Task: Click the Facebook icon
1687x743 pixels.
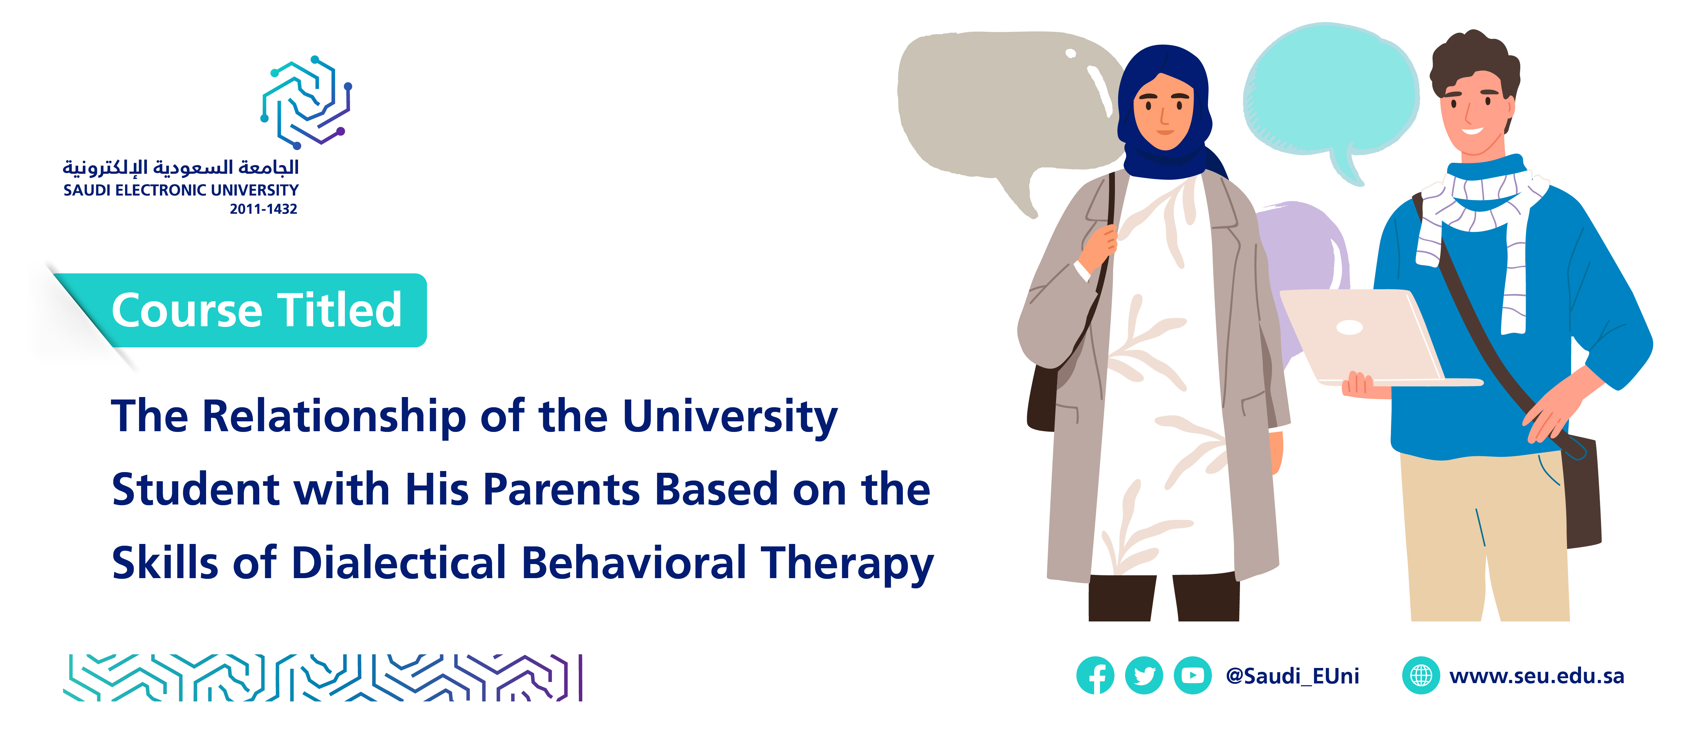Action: click(1095, 675)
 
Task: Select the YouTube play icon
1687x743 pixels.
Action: click(1192, 675)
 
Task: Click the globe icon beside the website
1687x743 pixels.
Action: click(1420, 675)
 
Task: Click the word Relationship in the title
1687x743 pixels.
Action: click(334, 417)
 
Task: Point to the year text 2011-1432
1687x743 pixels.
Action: click(263, 209)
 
